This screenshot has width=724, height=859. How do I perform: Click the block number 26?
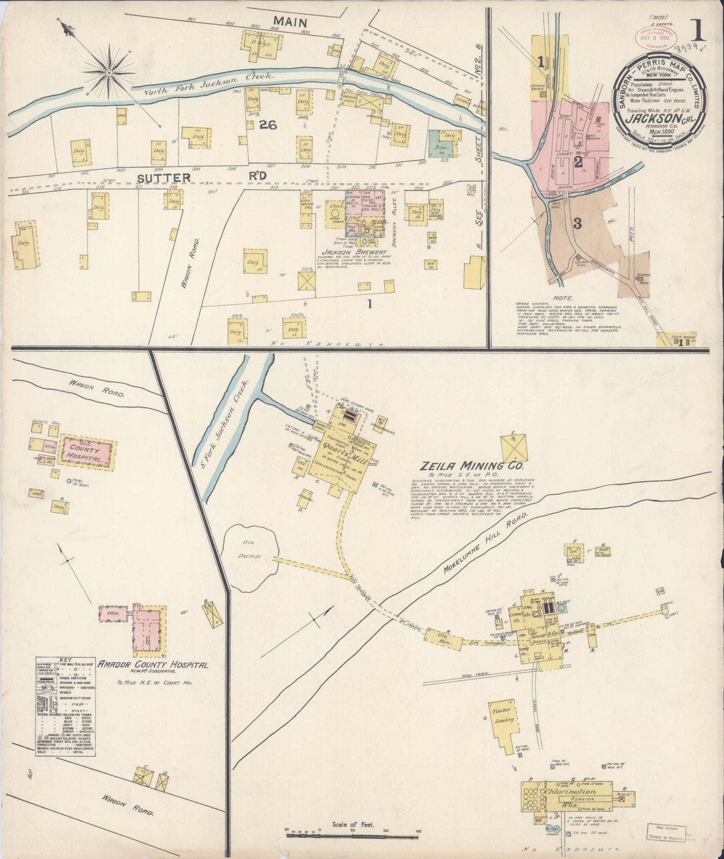268,126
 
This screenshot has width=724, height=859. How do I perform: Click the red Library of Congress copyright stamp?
657,38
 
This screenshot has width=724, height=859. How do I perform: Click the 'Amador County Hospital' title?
153,665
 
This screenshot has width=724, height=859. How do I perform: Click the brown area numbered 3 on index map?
576,224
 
